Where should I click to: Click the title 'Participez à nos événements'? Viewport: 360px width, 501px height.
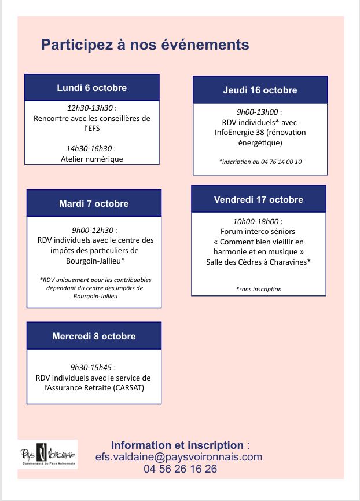[x=145, y=45]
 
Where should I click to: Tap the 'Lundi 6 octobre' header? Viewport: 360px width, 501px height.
[x=91, y=88]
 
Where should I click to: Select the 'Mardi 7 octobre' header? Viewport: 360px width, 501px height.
[x=94, y=204]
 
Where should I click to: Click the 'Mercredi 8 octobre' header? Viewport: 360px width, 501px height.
[x=94, y=337]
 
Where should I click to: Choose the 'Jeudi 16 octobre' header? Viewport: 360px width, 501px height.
[x=260, y=90]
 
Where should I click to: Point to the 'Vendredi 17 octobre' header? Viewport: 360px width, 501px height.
[x=258, y=200]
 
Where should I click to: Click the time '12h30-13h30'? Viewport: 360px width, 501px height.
[x=90, y=108]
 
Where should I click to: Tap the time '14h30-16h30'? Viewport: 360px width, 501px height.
[x=90, y=149]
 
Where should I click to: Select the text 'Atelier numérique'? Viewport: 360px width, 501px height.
[x=92, y=159]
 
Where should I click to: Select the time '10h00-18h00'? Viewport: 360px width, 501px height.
[x=256, y=221]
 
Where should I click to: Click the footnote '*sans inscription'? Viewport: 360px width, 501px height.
[x=259, y=289]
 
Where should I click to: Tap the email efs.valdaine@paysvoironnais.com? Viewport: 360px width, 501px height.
[x=179, y=457]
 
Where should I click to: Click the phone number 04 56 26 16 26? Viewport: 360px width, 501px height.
[x=181, y=469]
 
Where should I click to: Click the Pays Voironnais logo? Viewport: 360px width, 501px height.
[x=48, y=455]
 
